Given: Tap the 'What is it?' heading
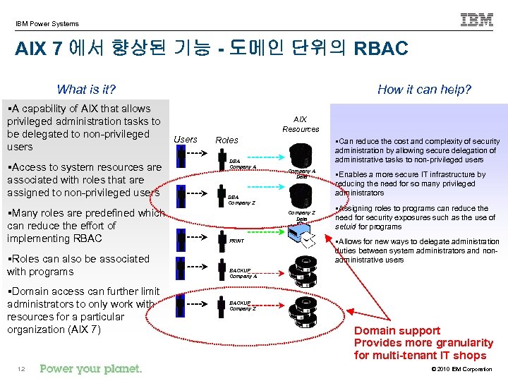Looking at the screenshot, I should click(86, 89).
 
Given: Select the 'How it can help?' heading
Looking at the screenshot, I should click(424, 89).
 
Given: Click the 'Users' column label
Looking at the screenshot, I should click(186, 140).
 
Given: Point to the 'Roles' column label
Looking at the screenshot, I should click(226, 140).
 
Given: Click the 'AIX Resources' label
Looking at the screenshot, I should click(301, 124).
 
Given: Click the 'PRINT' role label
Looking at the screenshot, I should click(237, 241).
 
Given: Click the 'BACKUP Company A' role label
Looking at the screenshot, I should click(243, 272).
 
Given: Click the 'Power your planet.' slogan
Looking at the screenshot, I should click(91, 368).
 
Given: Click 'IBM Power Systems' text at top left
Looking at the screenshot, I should click(47, 24).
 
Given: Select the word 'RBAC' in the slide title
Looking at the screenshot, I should click(381, 49).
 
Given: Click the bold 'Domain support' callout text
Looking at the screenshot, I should click(397, 330).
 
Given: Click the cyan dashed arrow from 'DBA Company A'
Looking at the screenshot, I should click(264, 157).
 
